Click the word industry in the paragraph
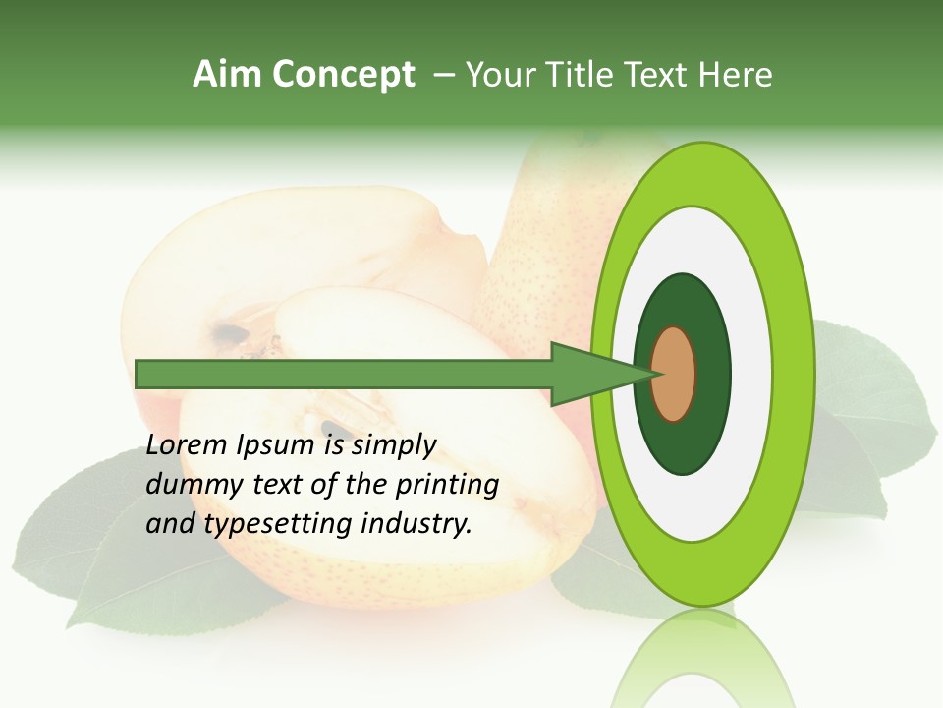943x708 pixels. coord(412,523)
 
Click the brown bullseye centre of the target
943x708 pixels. coord(675,375)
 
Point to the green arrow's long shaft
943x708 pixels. coord(344,375)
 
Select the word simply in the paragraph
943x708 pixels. coord(393,445)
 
